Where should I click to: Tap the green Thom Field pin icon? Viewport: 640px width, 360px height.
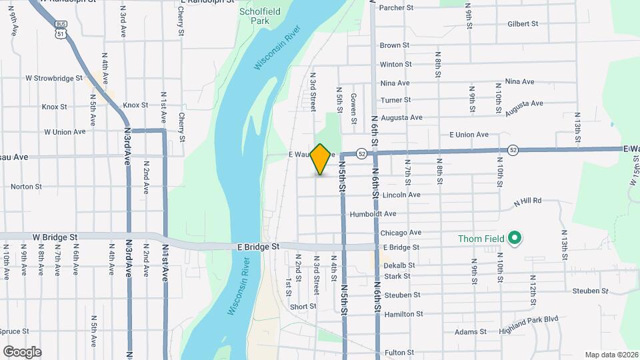(514, 238)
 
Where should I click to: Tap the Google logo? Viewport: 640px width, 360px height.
(22, 351)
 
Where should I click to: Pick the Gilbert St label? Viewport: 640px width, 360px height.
(523, 24)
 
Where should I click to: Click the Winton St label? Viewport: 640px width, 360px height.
(395, 65)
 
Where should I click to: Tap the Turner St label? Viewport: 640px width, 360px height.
(395, 101)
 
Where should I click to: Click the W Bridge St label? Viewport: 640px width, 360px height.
(55, 237)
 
